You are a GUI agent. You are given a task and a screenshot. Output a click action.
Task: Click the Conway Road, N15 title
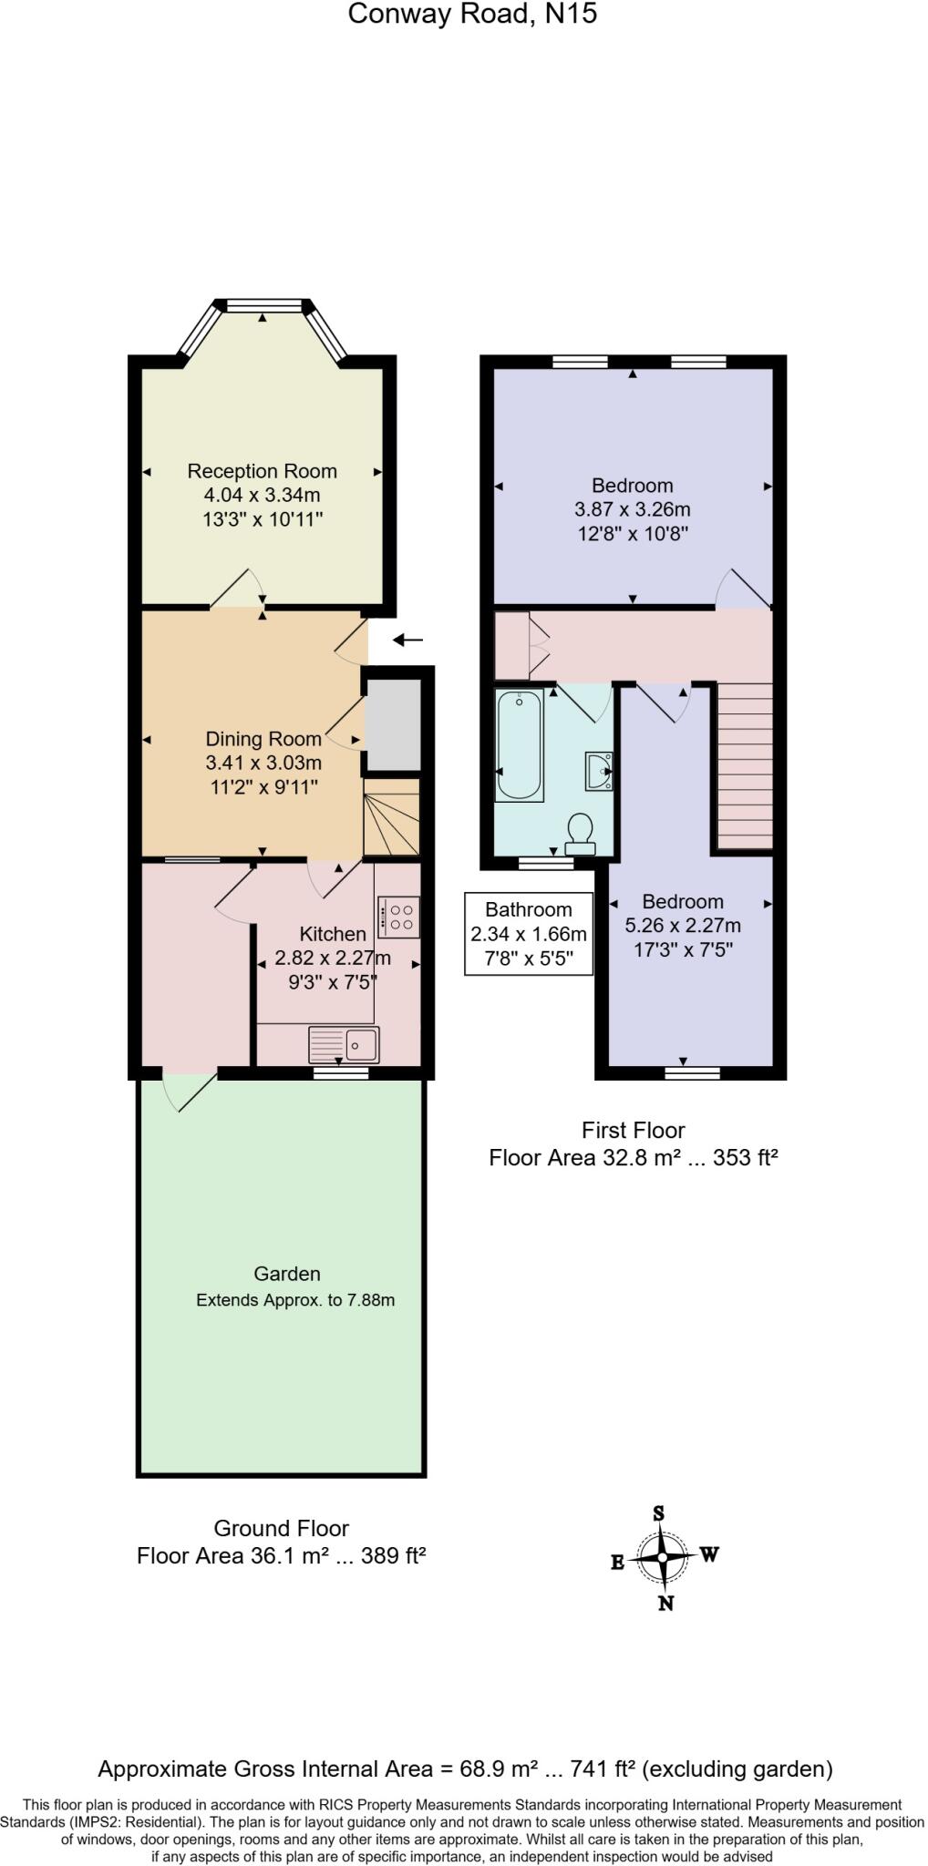tap(472, 14)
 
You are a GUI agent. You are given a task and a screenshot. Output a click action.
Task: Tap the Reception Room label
tap(262, 471)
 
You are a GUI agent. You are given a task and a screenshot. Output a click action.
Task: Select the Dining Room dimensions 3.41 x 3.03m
tap(263, 763)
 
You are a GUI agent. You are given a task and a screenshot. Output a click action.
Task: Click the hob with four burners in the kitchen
tap(398, 918)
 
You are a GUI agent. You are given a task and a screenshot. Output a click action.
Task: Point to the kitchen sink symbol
tap(344, 1043)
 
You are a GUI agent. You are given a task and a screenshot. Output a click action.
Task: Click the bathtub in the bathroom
tap(519, 745)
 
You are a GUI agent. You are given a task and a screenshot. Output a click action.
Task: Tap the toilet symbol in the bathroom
tap(580, 834)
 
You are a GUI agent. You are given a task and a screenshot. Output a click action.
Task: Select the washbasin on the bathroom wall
tap(599, 771)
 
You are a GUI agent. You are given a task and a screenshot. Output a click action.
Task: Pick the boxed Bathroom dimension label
tap(529, 934)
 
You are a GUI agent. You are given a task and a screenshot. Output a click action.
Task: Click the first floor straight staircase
tap(745, 765)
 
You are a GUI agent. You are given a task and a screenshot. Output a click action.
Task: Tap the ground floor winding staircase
tap(391, 817)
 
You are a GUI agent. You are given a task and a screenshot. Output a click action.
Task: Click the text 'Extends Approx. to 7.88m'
tap(295, 1300)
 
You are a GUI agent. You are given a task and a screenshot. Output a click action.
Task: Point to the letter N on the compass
tap(665, 1604)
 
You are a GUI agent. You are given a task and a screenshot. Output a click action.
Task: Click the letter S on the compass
tap(658, 1514)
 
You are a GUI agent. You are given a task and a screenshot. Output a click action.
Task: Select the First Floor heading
tap(633, 1131)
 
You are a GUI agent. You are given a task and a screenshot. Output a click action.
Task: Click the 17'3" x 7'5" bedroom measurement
tap(683, 949)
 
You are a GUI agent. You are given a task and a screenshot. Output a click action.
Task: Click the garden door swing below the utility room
tap(190, 1092)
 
